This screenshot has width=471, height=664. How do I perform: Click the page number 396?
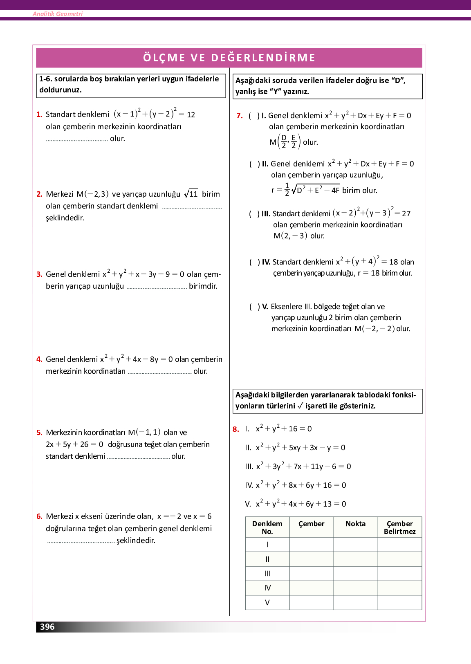[47, 626]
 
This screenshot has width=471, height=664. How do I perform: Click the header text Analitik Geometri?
[58, 14]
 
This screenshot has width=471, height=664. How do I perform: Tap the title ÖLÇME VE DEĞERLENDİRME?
[229, 58]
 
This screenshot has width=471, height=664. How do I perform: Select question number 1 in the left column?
[39, 114]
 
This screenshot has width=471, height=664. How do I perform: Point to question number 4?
[39, 359]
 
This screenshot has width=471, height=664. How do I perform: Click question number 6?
[39, 516]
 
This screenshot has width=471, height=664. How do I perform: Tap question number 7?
[240, 116]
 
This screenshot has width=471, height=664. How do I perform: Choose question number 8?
[235, 429]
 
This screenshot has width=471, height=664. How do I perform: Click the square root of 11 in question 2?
[191, 194]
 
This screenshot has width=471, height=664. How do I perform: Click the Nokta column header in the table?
[356, 524]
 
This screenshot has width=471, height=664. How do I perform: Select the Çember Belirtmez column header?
[400, 527]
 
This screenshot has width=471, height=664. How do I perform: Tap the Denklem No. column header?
[267, 527]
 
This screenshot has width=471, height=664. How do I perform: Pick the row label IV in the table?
[267, 588]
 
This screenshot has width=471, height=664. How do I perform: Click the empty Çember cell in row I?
[312, 545]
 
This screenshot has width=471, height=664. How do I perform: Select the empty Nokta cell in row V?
[356, 602]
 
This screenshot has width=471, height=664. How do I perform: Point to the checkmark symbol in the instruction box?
[300, 406]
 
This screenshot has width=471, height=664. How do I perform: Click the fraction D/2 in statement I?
[284, 141]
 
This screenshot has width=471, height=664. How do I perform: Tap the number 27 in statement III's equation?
[406, 213]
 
